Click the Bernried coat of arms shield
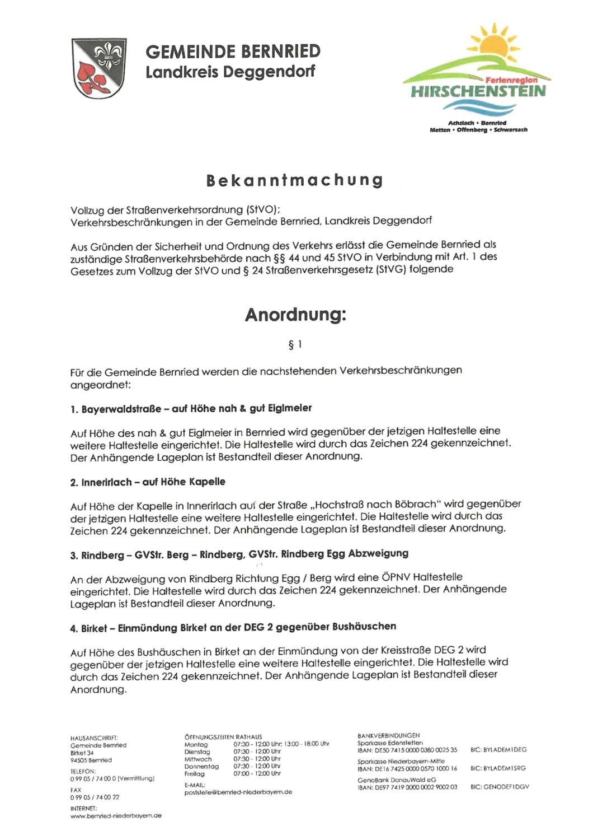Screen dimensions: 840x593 point(99,68)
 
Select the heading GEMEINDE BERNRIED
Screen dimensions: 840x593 point(233,52)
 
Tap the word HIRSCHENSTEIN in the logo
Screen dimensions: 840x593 point(478,91)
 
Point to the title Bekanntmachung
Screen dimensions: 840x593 point(295,180)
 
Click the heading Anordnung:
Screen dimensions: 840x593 point(295,315)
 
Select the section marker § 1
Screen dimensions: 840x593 point(295,344)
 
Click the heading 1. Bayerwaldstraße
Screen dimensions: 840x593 point(191,409)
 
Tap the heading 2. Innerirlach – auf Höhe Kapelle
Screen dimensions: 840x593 point(148,482)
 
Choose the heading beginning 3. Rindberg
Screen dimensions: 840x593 point(239,554)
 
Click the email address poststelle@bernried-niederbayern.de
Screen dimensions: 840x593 point(238,792)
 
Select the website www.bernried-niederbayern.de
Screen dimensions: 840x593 point(116,815)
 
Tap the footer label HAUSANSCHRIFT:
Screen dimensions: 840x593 point(94,738)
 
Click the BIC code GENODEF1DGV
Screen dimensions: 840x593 point(499,787)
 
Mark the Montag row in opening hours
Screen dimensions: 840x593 point(256,744)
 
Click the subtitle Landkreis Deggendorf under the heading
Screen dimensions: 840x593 point(230,72)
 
